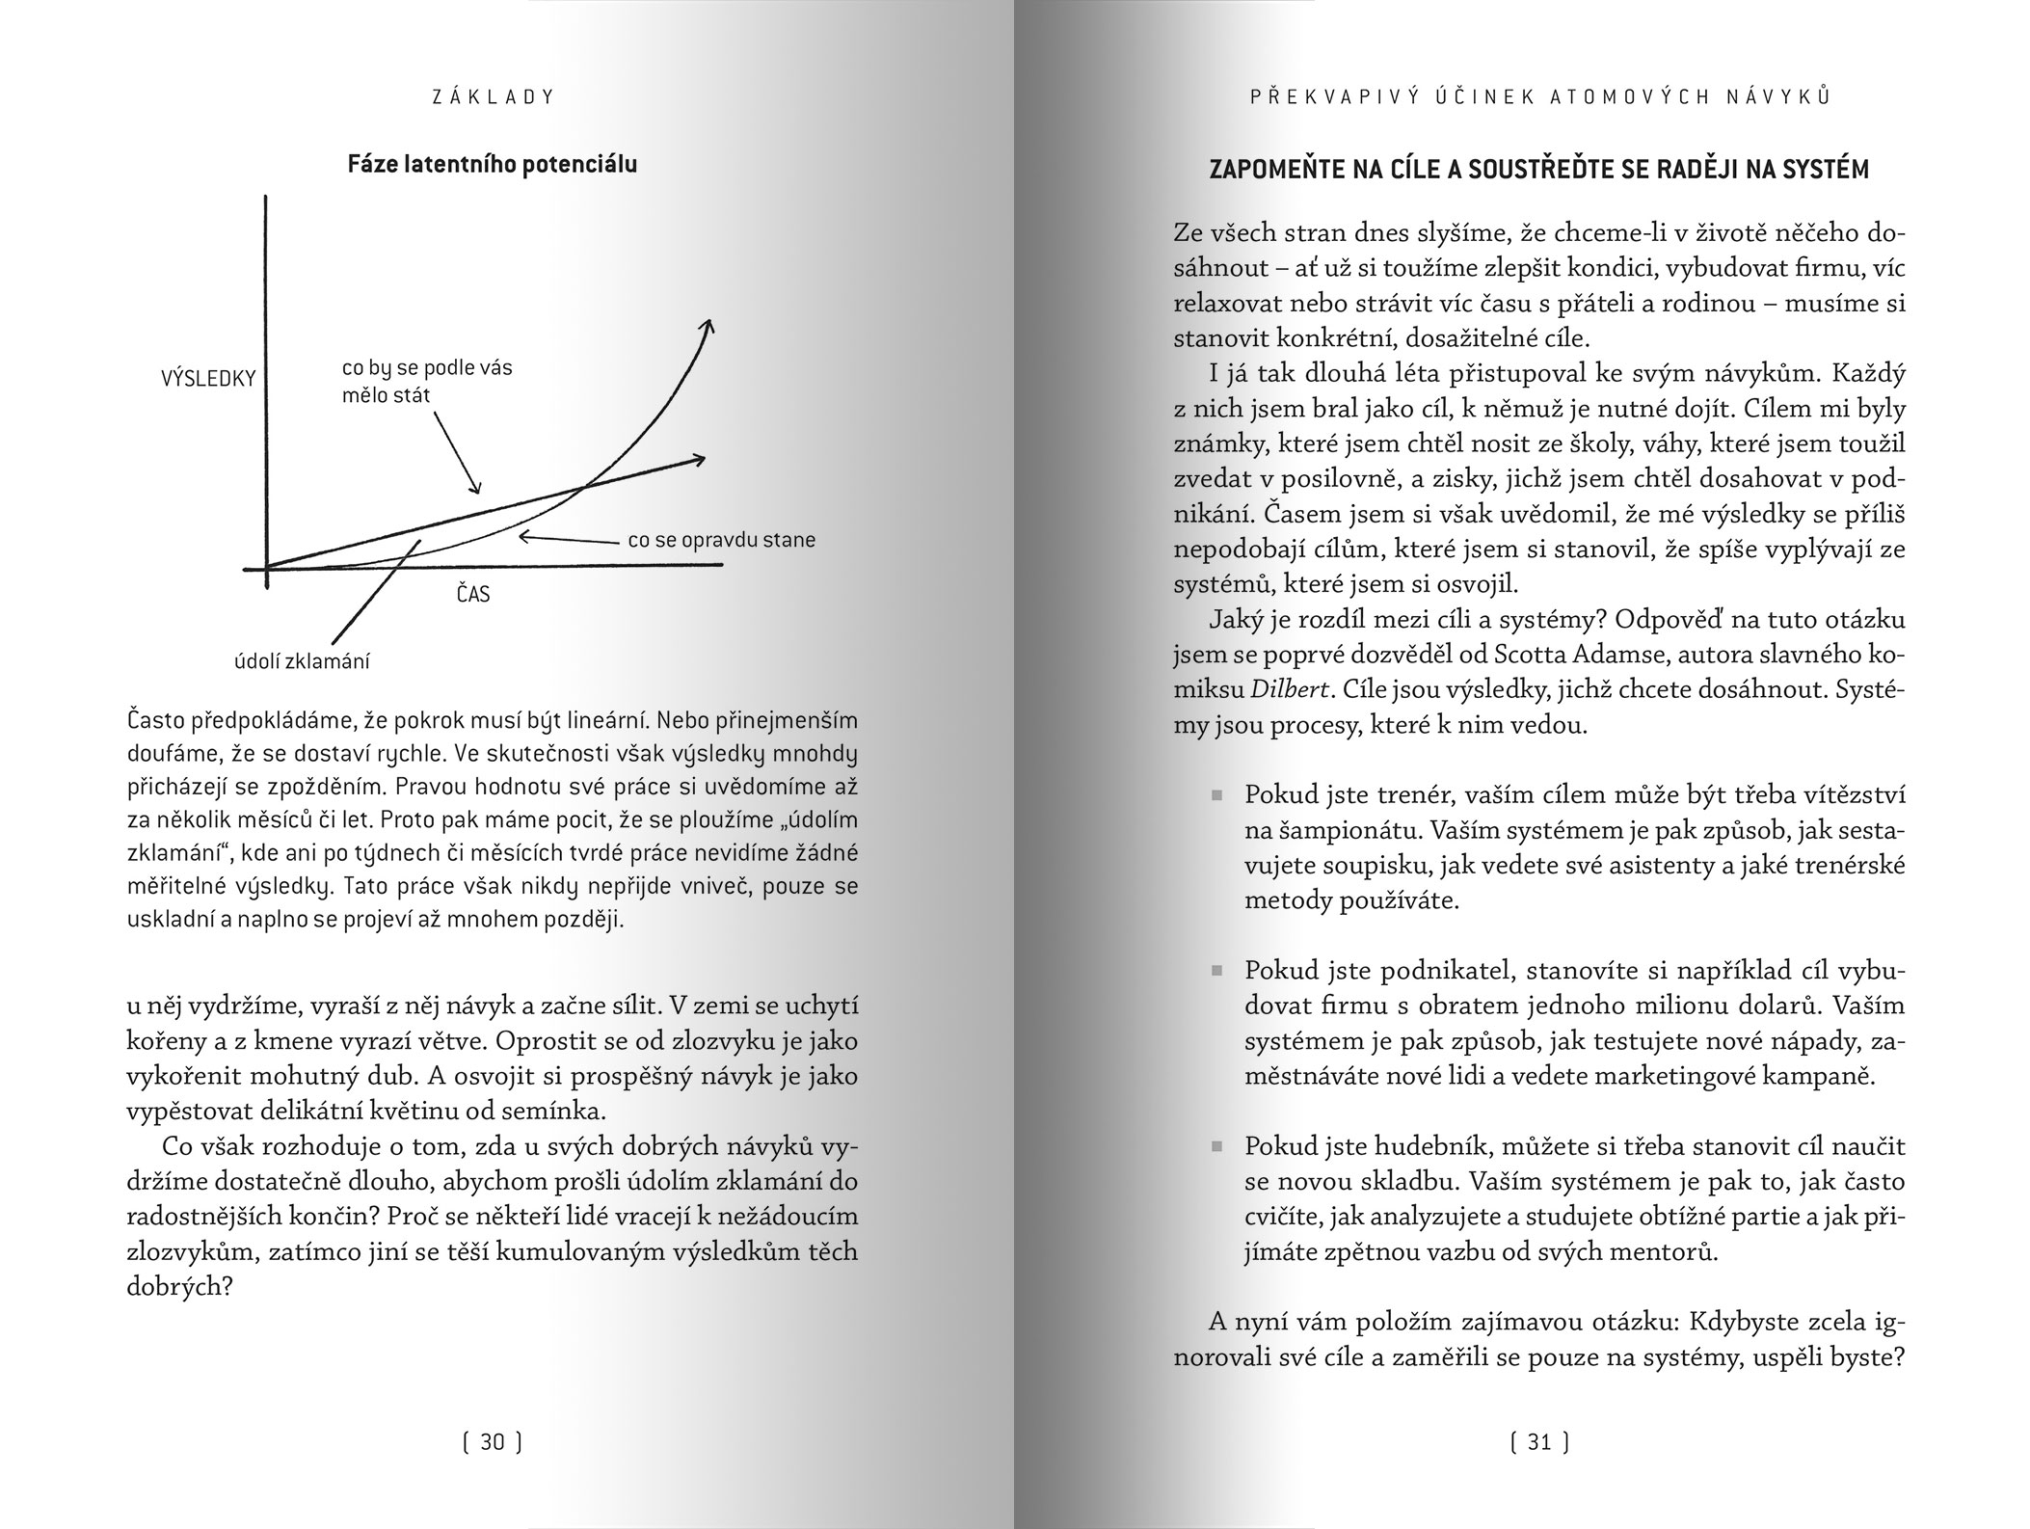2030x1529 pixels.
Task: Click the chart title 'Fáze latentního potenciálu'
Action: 492,165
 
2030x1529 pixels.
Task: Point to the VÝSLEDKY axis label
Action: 208,379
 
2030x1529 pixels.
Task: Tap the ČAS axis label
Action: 472,594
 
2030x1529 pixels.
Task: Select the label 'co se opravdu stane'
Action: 721,540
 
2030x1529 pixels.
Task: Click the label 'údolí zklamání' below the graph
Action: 302,662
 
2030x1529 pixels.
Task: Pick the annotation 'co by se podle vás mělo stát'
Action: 427,382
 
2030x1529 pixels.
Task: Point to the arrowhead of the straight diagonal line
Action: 698,459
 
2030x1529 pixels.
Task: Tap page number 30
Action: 493,1442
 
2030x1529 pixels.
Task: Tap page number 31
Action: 1539,1442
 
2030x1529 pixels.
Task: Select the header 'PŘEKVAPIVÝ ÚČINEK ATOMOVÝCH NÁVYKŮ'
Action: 1539,96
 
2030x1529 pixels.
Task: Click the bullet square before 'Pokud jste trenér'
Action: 1216,796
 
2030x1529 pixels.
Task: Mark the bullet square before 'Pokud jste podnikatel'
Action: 1216,972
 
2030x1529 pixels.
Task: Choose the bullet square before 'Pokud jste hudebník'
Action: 1216,1147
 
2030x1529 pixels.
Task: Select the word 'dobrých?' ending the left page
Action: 179,1287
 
